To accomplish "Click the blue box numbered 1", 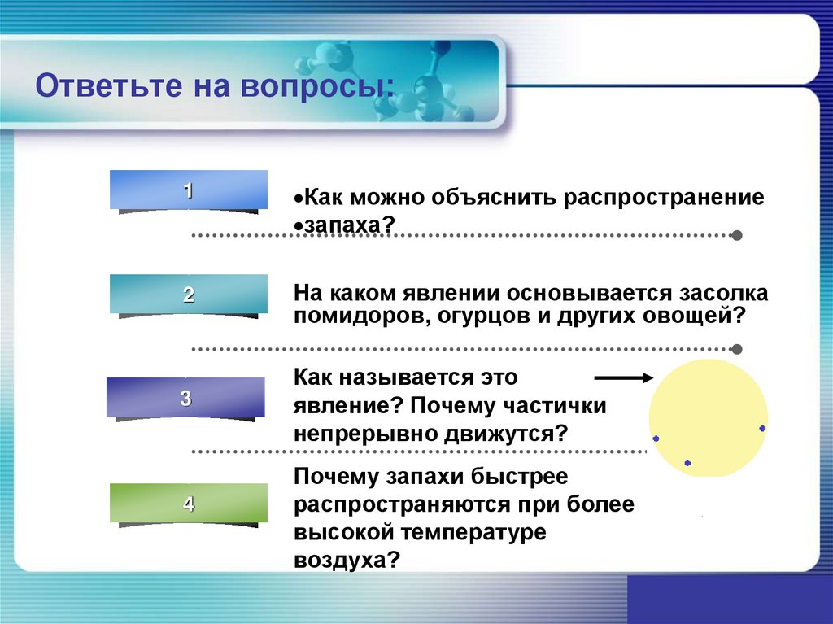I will point(189,190).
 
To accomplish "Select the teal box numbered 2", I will point(189,294).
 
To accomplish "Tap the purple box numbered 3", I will point(185,398).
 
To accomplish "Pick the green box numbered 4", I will point(189,504).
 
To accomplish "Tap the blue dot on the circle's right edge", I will point(762,428).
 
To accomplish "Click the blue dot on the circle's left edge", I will point(656,439).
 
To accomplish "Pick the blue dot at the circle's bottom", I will point(687,463).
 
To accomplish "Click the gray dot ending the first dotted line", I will point(736,235).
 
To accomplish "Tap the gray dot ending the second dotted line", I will point(736,349).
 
